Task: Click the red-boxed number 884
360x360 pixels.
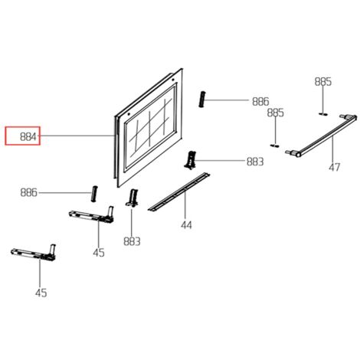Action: coord(28,137)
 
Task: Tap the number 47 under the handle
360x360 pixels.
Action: coord(334,167)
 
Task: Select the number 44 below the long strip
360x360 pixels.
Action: coord(186,225)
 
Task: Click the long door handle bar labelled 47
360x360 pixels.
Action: coord(321,136)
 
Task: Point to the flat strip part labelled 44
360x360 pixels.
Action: coord(178,191)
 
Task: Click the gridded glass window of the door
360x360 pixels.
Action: coord(150,126)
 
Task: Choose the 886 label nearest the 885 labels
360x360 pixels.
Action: coord(260,101)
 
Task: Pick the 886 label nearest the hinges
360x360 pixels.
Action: coord(28,192)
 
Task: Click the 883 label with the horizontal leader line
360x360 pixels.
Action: coord(255,162)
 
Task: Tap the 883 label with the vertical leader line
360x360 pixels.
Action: coord(132,241)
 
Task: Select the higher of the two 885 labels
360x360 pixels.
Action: coord(323,82)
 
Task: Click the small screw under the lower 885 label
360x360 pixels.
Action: coord(275,146)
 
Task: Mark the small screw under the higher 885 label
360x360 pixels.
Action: coord(323,113)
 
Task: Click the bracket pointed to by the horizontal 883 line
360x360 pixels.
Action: coord(190,160)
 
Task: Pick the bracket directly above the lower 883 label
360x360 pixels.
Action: coord(132,198)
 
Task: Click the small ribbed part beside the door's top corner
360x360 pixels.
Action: coord(202,100)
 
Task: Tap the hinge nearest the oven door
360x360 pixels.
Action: coord(92,215)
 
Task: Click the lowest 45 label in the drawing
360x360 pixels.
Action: coord(41,293)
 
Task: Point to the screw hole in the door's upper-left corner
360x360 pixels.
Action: coord(129,114)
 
